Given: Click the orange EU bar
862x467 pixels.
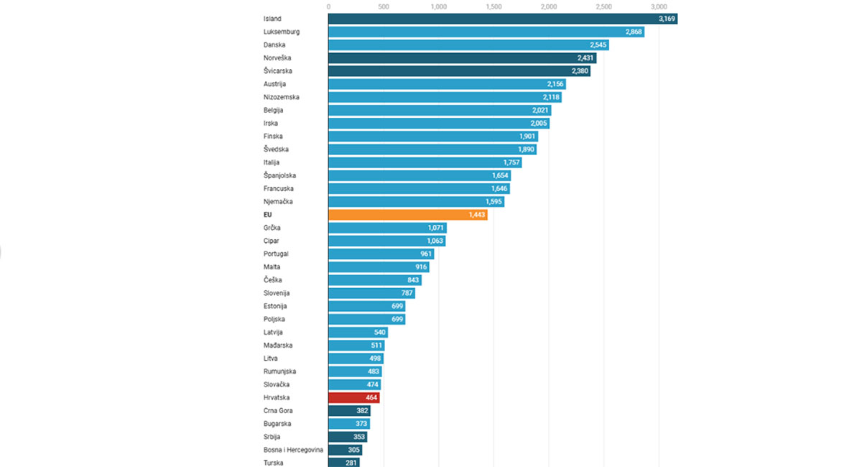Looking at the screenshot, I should pyautogui.click(x=407, y=215).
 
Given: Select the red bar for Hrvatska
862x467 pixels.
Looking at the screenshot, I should pyautogui.click(x=353, y=397).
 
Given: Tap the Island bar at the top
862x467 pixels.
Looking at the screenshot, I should pyautogui.click(x=503, y=19).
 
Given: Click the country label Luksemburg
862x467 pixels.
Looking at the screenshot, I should pyautogui.click(x=282, y=32).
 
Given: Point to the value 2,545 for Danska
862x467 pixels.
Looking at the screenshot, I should pyautogui.click(x=598, y=45).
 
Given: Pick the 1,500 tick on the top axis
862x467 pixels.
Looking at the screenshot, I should pyautogui.click(x=493, y=6).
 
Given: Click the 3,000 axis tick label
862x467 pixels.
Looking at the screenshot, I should pyautogui.click(x=659, y=6).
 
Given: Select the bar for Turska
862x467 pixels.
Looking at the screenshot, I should pyautogui.click(x=343, y=463).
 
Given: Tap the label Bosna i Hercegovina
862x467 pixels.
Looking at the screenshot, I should pyautogui.click(x=293, y=450).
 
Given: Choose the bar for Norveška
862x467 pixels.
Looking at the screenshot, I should pyautogui.click(x=462, y=58).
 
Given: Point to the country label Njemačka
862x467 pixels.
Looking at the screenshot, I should pyautogui.click(x=278, y=202).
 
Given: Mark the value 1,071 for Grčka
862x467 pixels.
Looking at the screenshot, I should pyautogui.click(x=437, y=228).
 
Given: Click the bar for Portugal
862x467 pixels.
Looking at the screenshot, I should pyautogui.click(x=381, y=254).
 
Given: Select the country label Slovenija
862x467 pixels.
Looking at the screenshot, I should pyautogui.click(x=277, y=293).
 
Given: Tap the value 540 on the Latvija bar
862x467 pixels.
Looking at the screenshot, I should pyautogui.click(x=380, y=332).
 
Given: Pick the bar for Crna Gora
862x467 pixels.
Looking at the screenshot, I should pyautogui.click(x=349, y=410).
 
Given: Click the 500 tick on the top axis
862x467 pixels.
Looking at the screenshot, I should pyautogui.click(x=384, y=6).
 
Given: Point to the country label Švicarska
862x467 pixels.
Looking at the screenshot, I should pyautogui.click(x=278, y=71).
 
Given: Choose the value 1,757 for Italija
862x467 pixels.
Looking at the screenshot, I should pyautogui.click(x=511, y=162).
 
